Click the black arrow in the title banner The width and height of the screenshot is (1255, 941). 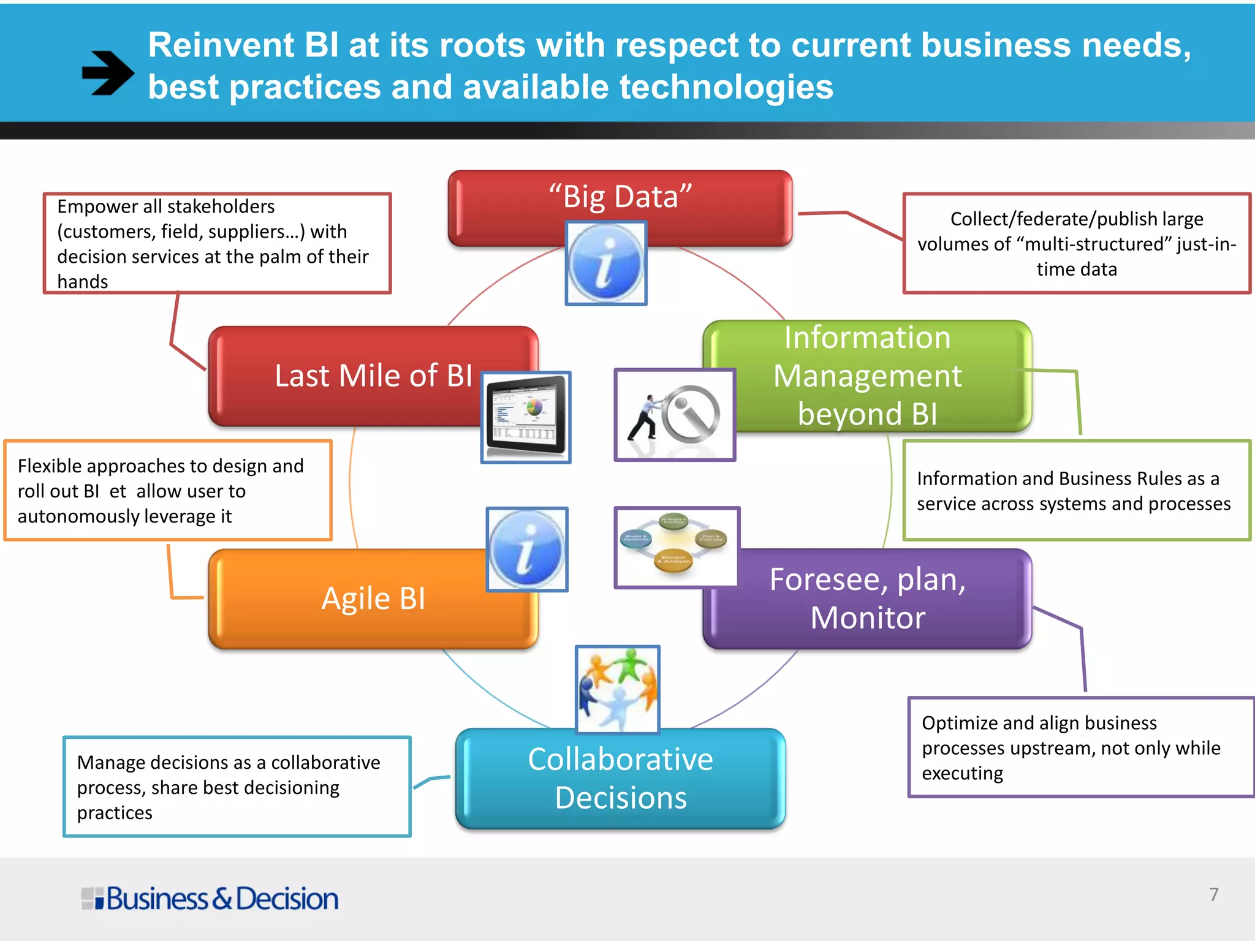(108, 73)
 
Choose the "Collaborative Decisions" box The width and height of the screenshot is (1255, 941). (620, 779)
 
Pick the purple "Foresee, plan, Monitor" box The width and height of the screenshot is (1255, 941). (867, 599)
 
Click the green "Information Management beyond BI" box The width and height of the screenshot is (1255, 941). (867, 376)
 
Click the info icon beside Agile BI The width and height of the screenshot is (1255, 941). (527, 549)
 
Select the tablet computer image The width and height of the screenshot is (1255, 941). (526, 417)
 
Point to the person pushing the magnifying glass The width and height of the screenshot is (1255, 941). (675, 415)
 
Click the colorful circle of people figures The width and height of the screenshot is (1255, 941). (618, 689)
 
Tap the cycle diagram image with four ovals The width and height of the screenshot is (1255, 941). (677, 546)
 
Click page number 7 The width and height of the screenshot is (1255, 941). (1213, 894)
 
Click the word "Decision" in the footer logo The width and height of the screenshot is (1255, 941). (287, 899)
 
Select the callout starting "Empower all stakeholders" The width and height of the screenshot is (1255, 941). (217, 243)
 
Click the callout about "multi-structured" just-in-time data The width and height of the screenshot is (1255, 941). (1076, 243)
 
